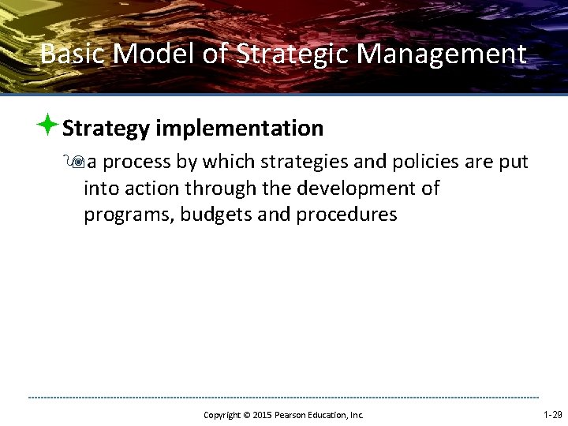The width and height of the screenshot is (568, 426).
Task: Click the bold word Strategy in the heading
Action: (106, 128)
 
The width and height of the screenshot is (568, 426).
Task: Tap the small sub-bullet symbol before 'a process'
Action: (78, 163)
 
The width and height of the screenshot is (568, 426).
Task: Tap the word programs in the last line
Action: (129, 215)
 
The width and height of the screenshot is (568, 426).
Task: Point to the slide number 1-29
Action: (552, 414)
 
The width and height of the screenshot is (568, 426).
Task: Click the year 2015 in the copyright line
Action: (261, 415)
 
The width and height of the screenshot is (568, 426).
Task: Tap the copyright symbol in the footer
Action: (245, 415)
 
